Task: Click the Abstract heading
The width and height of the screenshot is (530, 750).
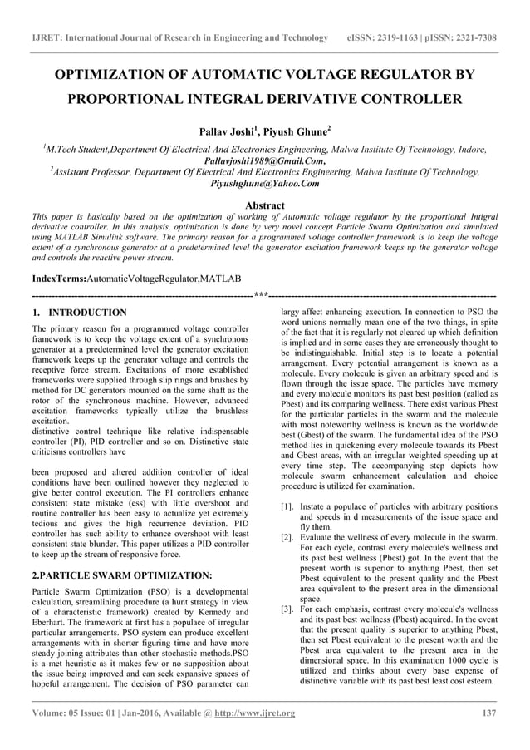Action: coord(264,205)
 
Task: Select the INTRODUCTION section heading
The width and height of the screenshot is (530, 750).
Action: coord(86,313)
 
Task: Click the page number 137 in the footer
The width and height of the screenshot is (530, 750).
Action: coord(489,713)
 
